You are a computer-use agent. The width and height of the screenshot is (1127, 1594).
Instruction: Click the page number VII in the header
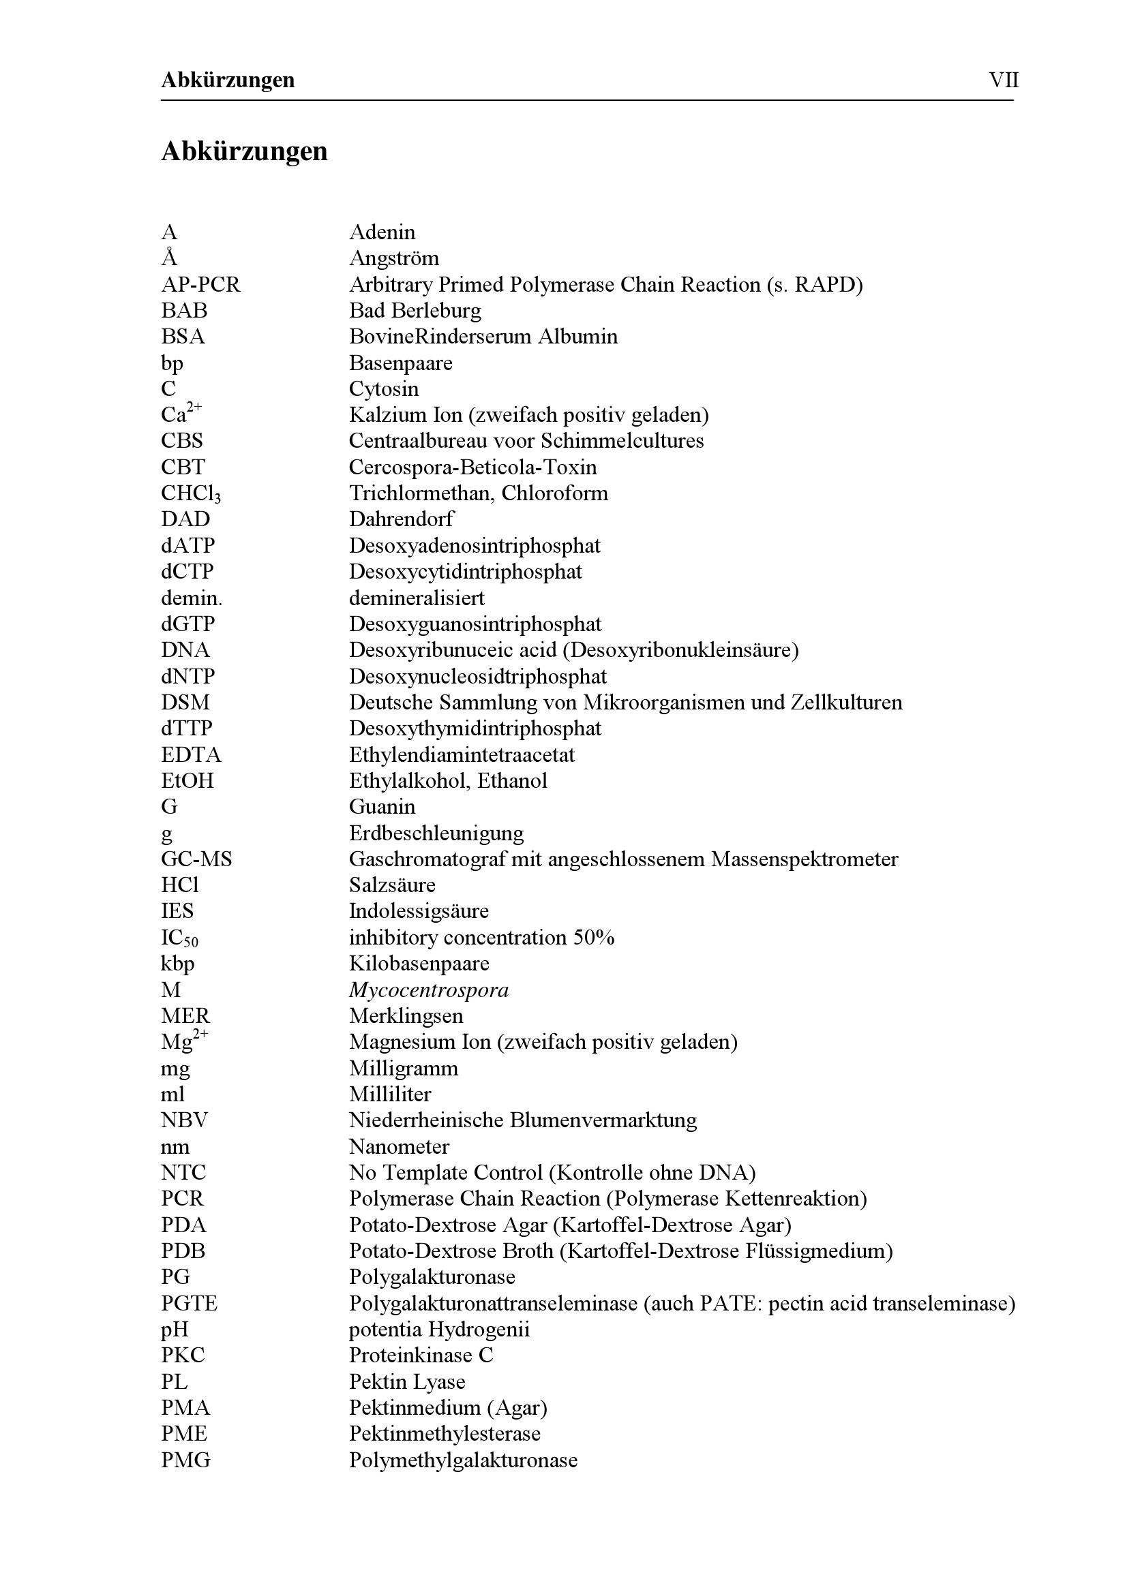[1004, 80]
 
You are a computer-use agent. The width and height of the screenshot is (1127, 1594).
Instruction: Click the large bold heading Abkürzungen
[245, 151]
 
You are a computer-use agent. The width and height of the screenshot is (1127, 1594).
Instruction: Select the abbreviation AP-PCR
[200, 285]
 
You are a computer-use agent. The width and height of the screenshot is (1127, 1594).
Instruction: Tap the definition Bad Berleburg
[415, 310]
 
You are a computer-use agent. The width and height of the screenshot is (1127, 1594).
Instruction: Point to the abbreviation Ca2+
[181, 414]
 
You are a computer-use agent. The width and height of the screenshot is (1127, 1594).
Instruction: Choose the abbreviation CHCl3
[191, 493]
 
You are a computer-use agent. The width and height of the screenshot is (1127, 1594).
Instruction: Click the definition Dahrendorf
[401, 519]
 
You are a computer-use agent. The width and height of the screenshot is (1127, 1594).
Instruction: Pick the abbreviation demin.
[192, 598]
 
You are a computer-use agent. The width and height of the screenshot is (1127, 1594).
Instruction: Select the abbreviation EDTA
[191, 754]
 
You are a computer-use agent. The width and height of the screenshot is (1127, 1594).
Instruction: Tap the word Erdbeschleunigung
[436, 833]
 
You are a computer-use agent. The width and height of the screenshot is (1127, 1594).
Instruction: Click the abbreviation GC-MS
[196, 859]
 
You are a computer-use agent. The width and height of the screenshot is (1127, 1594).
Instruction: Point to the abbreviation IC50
[180, 938]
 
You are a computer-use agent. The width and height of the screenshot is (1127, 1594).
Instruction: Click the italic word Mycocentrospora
[428, 990]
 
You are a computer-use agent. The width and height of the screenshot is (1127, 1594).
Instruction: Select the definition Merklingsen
[406, 1016]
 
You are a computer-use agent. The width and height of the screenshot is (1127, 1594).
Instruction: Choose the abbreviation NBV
[185, 1120]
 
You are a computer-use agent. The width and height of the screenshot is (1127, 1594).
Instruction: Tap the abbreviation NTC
[184, 1173]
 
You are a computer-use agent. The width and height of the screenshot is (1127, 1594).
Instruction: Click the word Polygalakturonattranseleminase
[493, 1304]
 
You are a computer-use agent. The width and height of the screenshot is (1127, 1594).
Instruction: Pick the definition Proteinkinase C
[421, 1355]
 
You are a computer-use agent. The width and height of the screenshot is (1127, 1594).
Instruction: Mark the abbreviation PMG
[185, 1460]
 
